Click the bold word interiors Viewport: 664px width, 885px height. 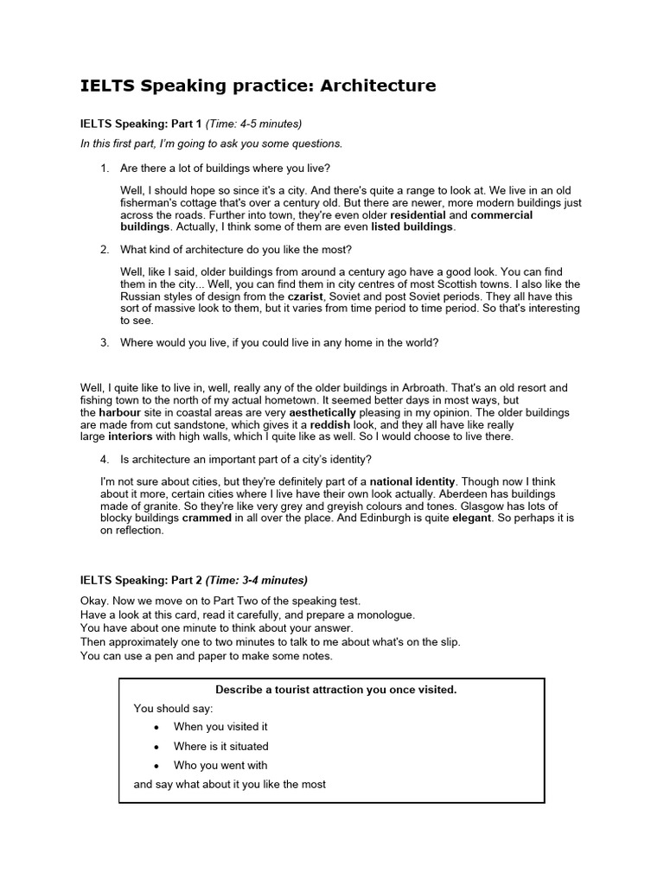[130, 436]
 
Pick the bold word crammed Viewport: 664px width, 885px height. [207, 518]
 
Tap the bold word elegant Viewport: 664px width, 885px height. [471, 518]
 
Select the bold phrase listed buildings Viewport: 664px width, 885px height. [412, 226]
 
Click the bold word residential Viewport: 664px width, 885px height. [418, 214]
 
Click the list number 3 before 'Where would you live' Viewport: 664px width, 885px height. [104, 342]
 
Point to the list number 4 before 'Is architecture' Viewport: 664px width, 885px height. [104, 458]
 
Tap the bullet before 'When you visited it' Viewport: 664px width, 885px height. [156, 727]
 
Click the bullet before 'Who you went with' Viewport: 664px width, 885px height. [156, 765]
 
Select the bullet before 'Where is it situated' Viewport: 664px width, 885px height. [156, 746]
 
